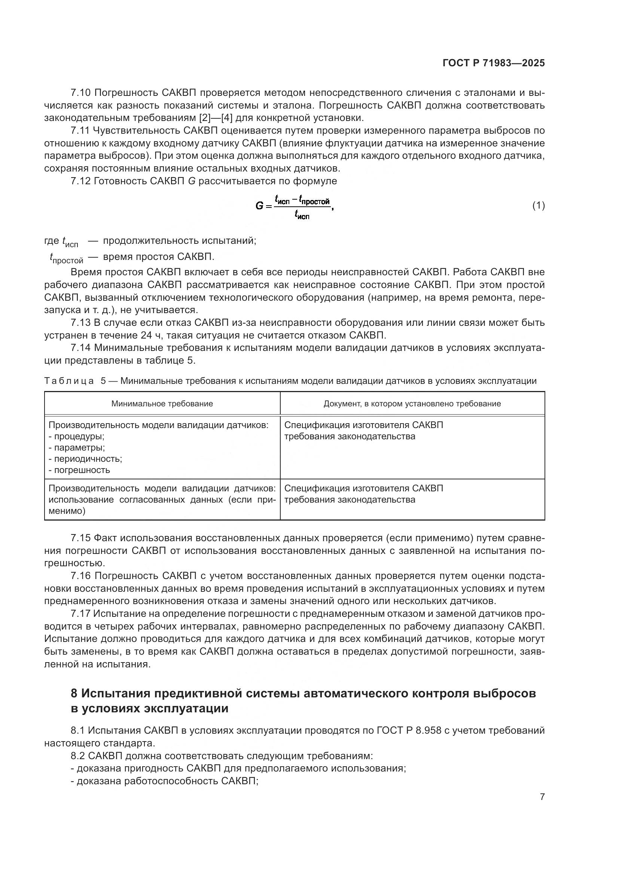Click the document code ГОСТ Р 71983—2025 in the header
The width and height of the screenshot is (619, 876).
494,63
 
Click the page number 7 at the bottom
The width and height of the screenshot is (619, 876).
542,797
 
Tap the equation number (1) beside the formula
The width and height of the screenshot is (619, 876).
538,206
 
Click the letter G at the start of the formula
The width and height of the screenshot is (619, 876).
259,206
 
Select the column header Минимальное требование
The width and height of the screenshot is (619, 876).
162,404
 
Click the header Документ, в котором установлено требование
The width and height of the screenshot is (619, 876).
412,404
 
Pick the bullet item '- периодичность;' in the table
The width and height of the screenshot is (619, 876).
85,459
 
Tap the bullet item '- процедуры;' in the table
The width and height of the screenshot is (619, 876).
77,436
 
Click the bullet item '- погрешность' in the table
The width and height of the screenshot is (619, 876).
79,470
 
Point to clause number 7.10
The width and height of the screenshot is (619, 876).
80,93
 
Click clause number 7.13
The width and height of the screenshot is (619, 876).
80,323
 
